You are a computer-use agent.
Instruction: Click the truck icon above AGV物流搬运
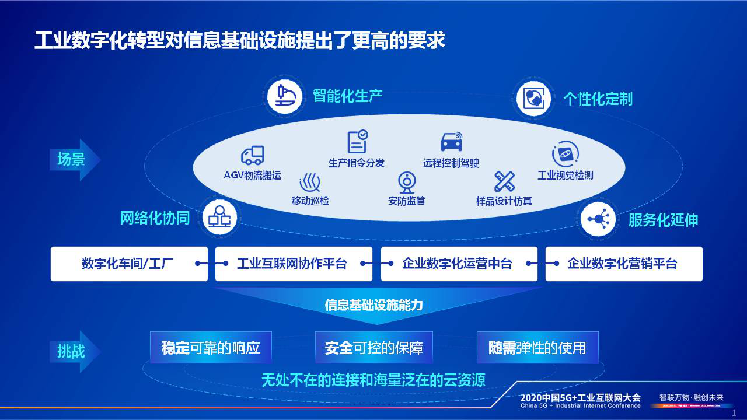click(252, 155)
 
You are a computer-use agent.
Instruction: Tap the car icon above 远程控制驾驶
click(451, 142)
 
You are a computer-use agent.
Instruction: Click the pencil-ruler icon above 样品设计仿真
click(504, 182)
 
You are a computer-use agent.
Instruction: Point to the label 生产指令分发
click(357, 163)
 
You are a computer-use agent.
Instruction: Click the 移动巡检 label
click(310, 201)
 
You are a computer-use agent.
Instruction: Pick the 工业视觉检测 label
click(565, 175)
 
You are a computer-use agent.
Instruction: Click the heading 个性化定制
click(598, 99)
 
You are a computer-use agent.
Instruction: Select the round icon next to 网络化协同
click(219, 218)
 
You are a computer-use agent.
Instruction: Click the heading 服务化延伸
click(663, 220)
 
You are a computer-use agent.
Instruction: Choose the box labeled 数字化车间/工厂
click(129, 264)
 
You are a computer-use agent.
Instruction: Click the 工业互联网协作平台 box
click(294, 264)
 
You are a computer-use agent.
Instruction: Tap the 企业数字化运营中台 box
click(459, 264)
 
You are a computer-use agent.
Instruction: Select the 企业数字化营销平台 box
click(623, 264)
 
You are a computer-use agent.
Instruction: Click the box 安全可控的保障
click(374, 348)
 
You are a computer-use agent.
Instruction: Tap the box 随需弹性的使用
click(537, 348)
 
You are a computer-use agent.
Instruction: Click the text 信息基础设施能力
click(373, 304)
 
